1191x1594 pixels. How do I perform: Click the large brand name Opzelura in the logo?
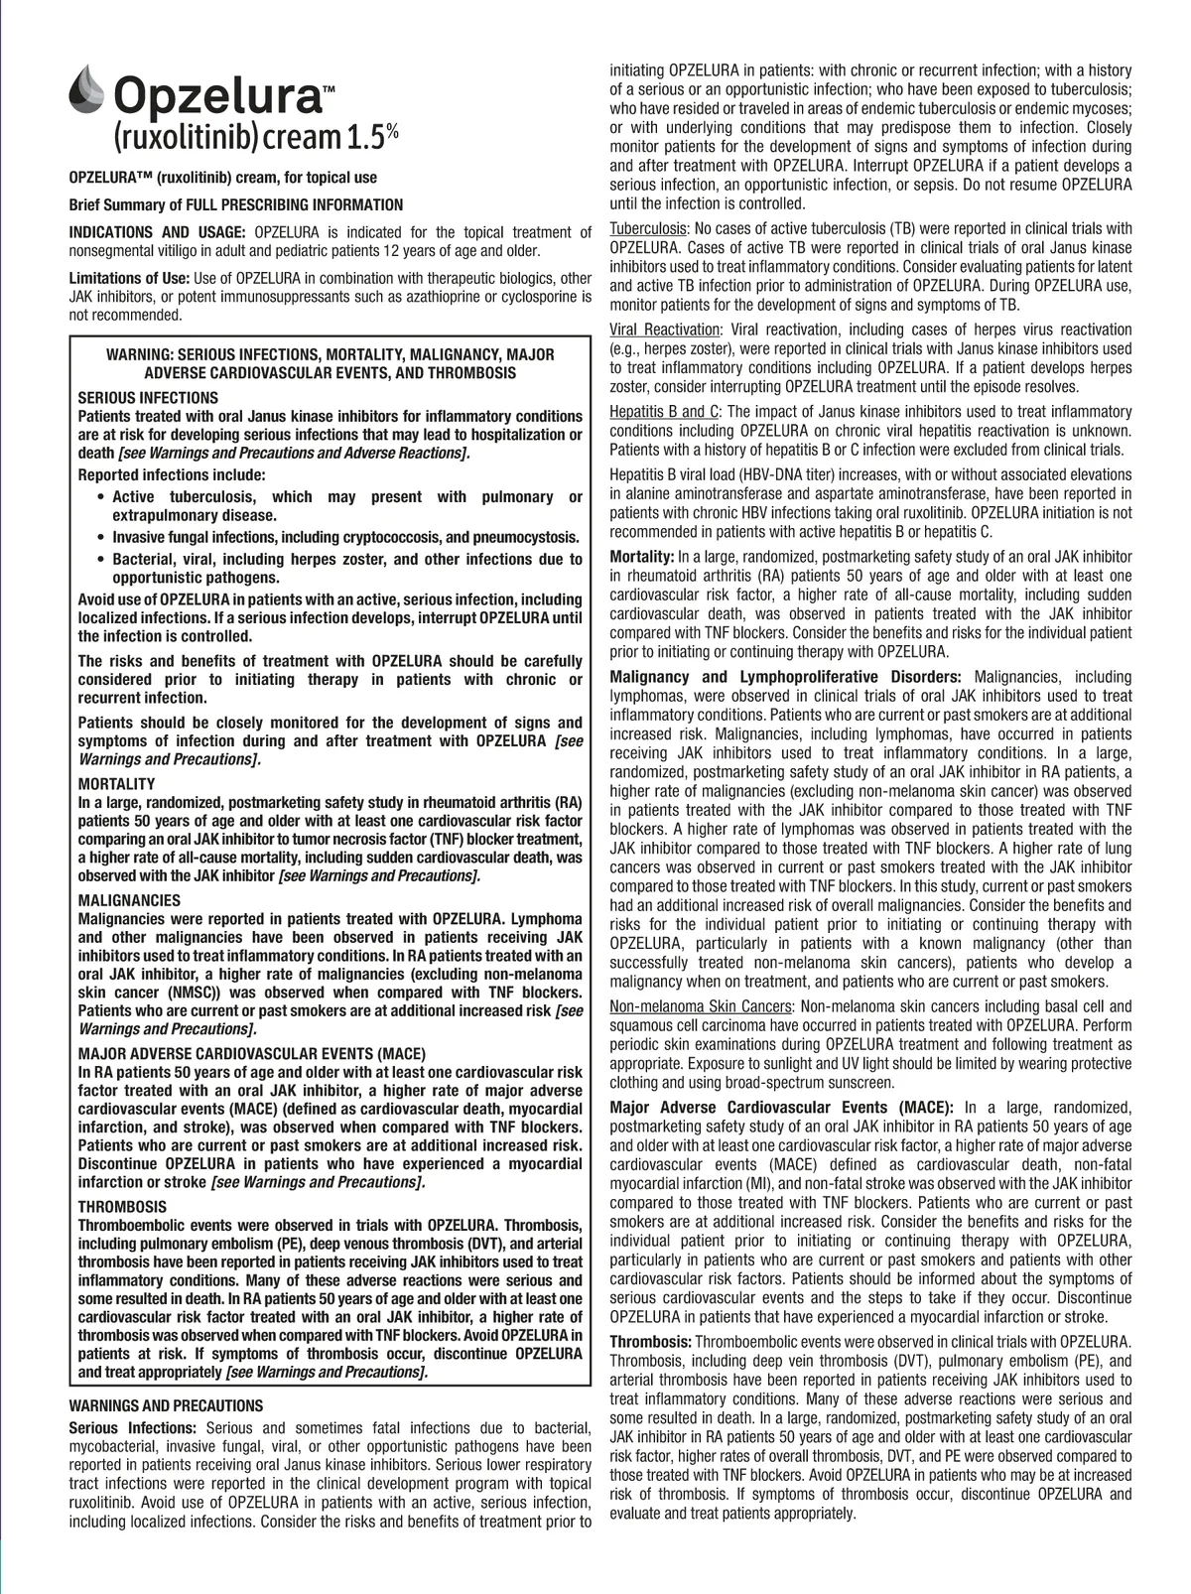(x=219, y=97)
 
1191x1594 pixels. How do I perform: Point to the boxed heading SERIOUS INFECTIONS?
(x=148, y=398)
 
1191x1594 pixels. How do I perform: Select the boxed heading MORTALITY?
(x=116, y=784)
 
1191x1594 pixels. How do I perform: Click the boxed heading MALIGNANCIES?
(x=129, y=901)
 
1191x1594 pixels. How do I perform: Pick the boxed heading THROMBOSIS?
(x=122, y=1207)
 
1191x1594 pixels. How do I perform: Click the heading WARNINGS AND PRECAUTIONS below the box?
(x=166, y=1405)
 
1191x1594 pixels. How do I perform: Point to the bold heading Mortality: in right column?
(x=642, y=556)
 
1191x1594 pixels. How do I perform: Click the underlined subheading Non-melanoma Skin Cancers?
(x=702, y=1007)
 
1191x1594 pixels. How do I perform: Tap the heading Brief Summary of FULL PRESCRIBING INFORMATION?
(x=236, y=205)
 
